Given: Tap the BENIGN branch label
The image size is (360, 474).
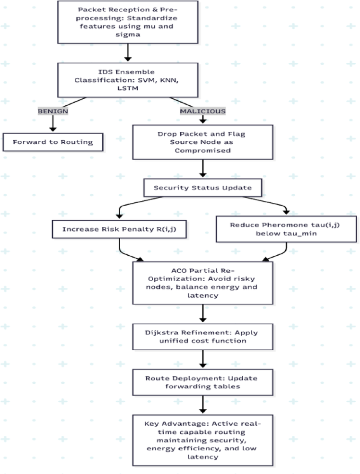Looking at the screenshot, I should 53,111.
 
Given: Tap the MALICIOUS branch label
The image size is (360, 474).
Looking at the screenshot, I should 202,111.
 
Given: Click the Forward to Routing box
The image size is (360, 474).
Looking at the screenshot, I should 53,141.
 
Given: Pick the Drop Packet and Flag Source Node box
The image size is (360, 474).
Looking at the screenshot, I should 202,142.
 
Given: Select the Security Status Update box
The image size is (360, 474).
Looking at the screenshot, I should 202,188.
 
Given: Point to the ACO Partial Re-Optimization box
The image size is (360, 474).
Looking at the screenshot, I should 202,282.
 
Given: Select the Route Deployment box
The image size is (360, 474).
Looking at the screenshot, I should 202,382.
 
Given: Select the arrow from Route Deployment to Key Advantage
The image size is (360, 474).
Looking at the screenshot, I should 202,405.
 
